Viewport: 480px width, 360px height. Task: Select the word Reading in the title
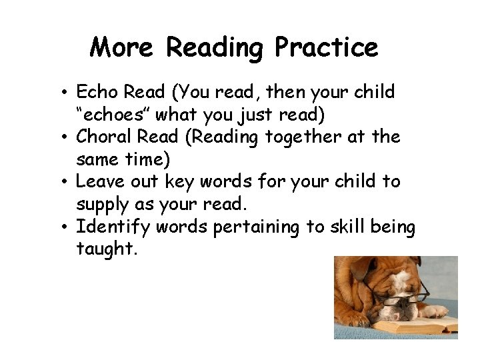[214, 49]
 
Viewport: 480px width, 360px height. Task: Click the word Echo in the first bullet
[96, 91]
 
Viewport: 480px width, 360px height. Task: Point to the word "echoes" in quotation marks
[111, 114]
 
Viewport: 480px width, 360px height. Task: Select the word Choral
[103, 137]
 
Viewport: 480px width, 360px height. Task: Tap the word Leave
[99, 182]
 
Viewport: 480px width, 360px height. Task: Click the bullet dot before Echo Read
[69, 93]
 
